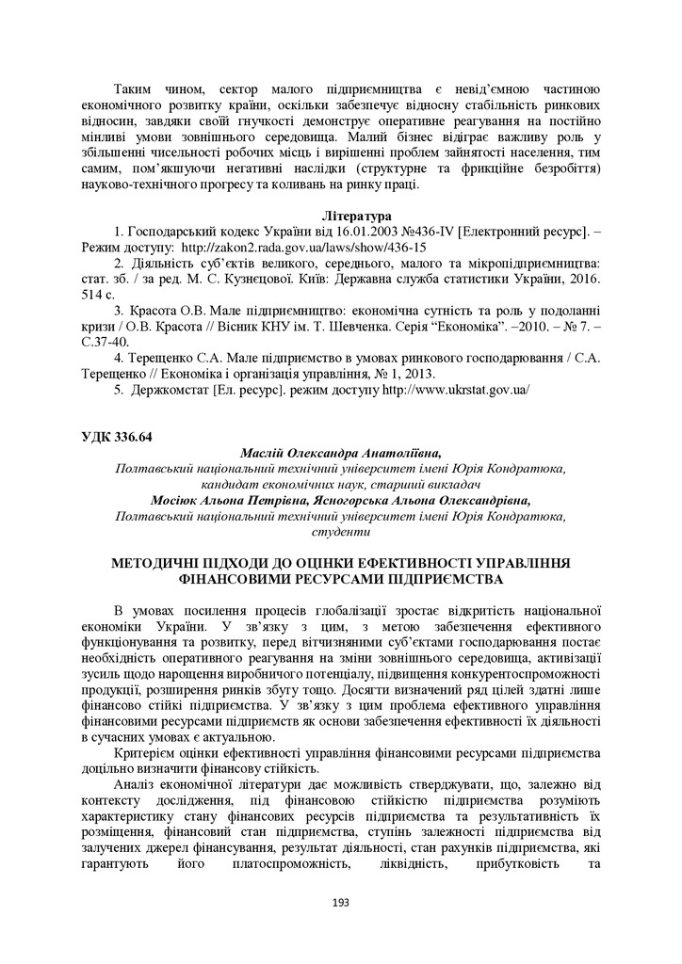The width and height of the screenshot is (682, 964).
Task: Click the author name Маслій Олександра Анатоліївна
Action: click(340, 453)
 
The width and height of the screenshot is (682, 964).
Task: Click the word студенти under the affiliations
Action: click(340, 532)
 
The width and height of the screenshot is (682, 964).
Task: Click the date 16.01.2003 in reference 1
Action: click(333, 231)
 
